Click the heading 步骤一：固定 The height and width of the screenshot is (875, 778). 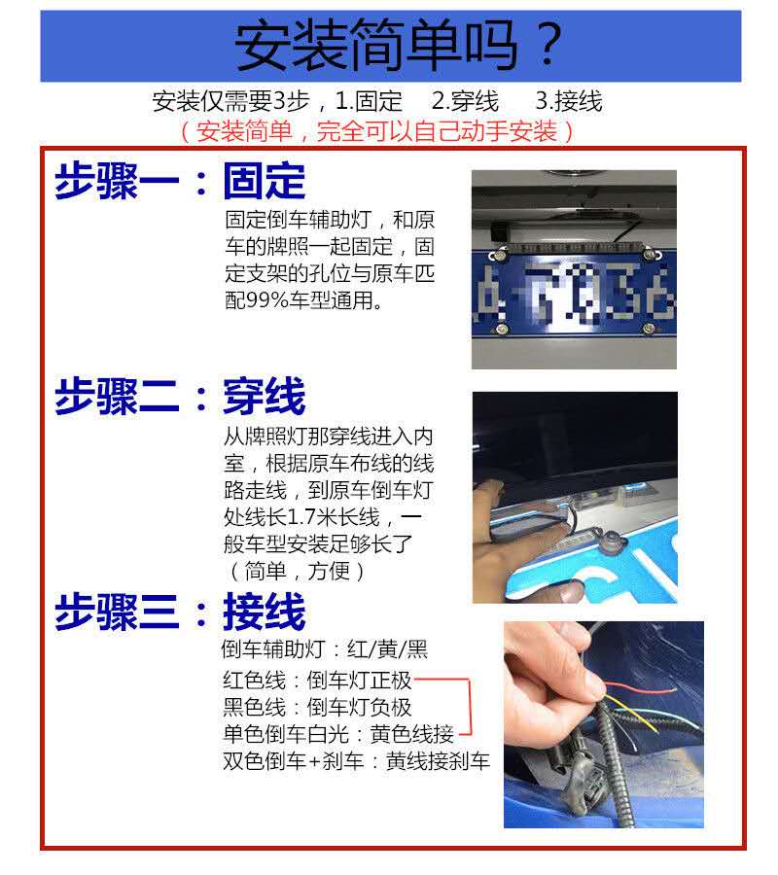pyautogui.click(x=180, y=181)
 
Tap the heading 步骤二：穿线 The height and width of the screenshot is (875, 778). pyautogui.click(x=180, y=396)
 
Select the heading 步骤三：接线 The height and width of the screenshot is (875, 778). pyautogui.click(x=180, y=612)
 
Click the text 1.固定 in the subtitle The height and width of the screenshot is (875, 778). pyautogui.click(x=369, y=101)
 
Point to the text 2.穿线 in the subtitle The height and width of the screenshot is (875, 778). pyautogui.click(x=466, y=101)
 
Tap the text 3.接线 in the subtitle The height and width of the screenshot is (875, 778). pyautogui.click(x=569, y=101)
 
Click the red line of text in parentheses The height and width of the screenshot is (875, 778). pyautogui.click(x=377, y=131)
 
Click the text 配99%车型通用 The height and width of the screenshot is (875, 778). pyautogui.click(x=303, y=300)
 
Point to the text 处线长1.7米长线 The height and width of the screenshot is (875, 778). pyautogui.click(x=301, y=517)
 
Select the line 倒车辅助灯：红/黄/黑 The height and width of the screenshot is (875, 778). pyautogui.click(x=325, y=649)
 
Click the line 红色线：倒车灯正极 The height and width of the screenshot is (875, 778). pyautogui.click(x=317, y=681)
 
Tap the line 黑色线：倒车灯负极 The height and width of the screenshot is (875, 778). pyautogui.click(x=317, y=707)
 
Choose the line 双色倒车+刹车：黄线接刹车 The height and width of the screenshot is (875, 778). pyautogui.click(x=356, y=760)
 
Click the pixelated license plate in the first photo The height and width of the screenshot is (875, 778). pyautogui.click(x=575, y=294)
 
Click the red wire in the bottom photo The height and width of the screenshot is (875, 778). pyautogui.click(x=641, y=687)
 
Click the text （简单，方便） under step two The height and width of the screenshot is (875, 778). pyautogui.click(x=297, y=571)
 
